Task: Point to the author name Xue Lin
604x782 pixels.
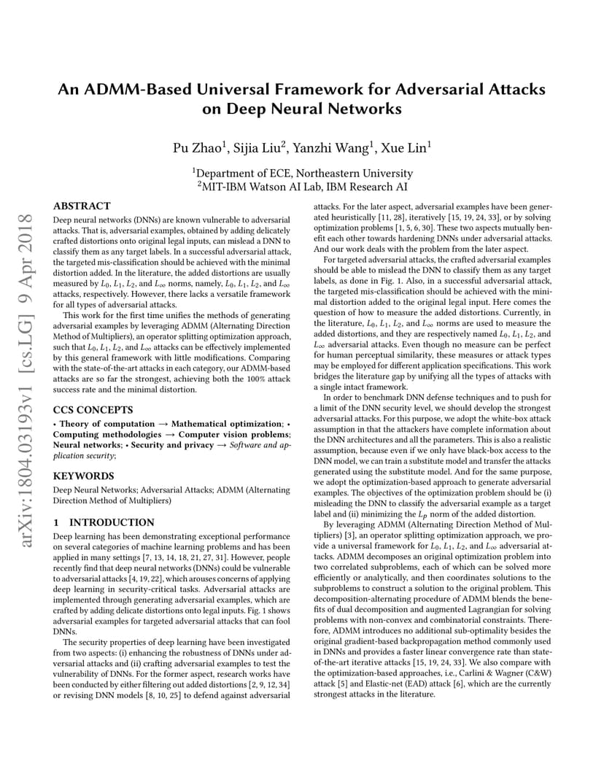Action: [x=406, y=148]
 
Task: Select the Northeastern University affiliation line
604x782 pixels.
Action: [x=303, y=174]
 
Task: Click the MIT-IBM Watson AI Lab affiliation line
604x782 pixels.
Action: [x=303, y=187]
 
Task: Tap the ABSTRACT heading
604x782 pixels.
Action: [x=82, y=206]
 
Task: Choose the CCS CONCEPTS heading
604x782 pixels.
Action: [x=93, y=410]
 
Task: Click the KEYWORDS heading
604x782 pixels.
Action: [x=79, y=476]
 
